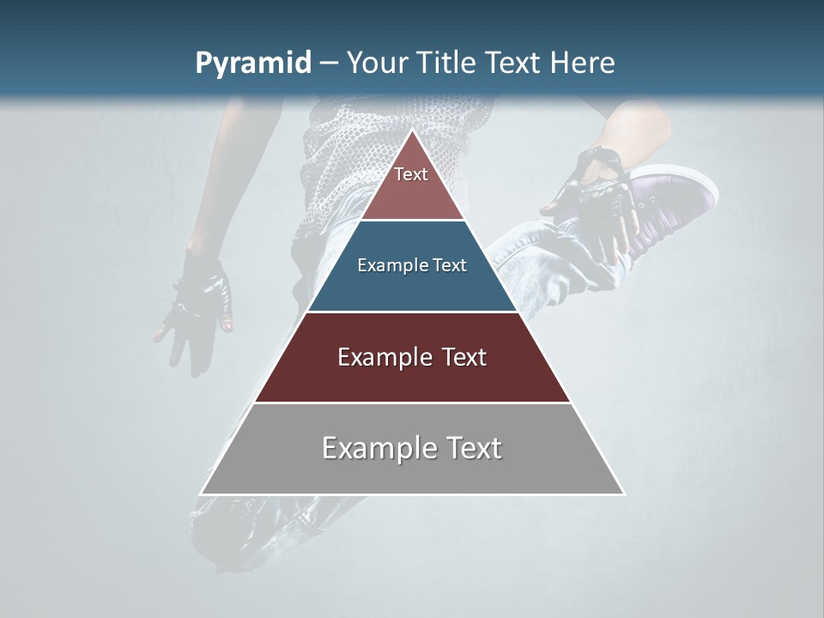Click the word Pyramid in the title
click(252, 64)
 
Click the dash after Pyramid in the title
click(329, 64)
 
